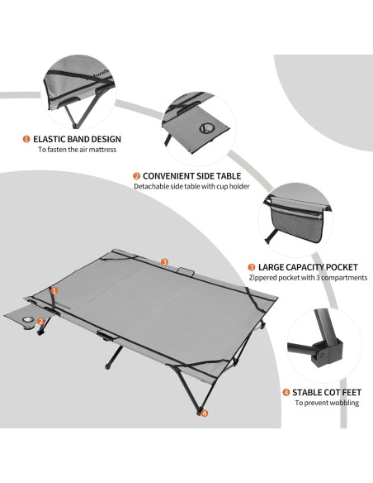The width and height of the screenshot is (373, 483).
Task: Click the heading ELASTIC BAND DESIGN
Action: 77,139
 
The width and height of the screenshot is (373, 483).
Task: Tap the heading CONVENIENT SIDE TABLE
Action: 192,176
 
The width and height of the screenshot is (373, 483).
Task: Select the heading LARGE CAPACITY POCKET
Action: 308,267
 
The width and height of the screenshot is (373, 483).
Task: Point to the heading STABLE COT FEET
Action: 327,392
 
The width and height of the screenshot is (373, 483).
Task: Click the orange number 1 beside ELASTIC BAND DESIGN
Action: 26,139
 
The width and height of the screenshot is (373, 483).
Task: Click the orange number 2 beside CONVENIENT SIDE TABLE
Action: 137,176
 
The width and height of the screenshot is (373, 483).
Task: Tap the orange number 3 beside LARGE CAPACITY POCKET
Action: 252,267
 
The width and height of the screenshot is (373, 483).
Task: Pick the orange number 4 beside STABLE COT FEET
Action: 286,392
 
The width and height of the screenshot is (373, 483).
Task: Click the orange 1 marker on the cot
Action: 54,290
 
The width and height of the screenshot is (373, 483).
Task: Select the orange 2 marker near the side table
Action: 40,322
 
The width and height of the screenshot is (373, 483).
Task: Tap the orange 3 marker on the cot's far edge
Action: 164,262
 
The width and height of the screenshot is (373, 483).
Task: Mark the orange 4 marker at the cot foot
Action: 205,413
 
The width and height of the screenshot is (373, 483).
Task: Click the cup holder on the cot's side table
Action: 28,320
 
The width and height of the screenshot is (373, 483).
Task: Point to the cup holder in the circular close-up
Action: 207,128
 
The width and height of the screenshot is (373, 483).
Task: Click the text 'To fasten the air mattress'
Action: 78,150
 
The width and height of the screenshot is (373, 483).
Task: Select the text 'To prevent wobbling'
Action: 327,403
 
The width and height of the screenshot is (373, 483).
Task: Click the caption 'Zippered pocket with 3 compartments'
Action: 308,278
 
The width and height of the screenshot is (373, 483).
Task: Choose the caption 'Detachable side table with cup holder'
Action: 191,186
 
